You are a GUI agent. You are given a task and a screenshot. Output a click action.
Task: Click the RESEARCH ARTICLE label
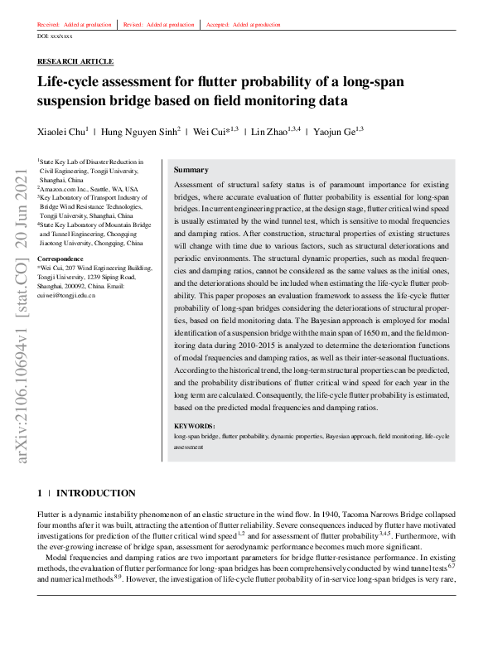point(75,62)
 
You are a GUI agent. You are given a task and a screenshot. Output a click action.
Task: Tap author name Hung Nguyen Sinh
point(139,131)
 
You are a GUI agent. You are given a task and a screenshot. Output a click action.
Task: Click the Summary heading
point(191,170)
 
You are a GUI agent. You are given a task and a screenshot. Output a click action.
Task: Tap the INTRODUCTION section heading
point(95,493)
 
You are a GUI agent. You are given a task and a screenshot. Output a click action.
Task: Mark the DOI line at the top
point(55,37)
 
